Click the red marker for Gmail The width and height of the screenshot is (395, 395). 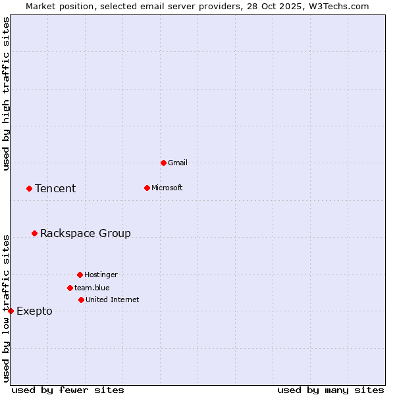pos(163,163)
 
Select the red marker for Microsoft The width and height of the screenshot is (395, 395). pos(147,188)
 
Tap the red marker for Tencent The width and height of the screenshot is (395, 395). pos(29,188)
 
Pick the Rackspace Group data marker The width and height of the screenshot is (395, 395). pos(34,233)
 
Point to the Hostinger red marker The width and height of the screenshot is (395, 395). pos(80,275)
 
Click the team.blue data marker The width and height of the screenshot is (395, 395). pos(70,288)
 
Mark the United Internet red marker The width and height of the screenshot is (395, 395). pos(81,300)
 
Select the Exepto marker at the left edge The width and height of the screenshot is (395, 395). pos(11,311)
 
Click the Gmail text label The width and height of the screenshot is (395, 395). pos(178,163)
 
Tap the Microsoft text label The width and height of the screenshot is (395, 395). pos(167,188)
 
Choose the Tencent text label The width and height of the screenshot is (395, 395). pos(55,188)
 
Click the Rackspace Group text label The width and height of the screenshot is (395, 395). pos(86,233)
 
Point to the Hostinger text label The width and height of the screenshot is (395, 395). pos(101,275)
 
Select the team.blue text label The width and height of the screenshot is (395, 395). pos(92,288)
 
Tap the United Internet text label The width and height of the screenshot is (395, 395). pos(113,300)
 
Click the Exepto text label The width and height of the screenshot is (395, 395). pos(34,311)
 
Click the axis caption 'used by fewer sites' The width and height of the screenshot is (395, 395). pos(68,390)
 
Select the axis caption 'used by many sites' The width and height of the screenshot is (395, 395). pos(330,390)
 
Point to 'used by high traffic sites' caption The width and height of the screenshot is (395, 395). pos(6,93)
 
